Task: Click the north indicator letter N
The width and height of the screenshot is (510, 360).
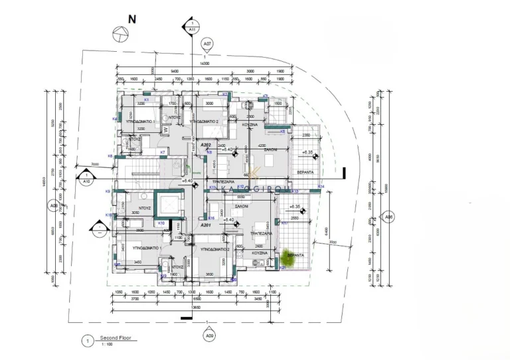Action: (x=132, y=19)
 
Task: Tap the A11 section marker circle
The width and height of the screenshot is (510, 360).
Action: (x=192, y=29)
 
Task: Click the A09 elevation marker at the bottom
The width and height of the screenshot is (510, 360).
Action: (x=210, y=336)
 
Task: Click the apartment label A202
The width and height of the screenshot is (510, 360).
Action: (x=206, y=144)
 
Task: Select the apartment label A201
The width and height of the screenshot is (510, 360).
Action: (x=206, y=225)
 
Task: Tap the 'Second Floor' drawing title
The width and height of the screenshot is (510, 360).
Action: (x=116, y=338)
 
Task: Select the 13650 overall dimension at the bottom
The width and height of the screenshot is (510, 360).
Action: (x=195, y=308)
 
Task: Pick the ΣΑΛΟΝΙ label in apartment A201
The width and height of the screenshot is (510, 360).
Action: (x=240, y=207)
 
